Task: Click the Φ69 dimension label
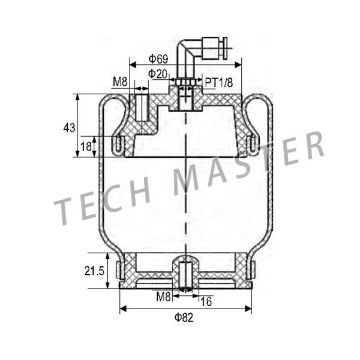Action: tap(158, 58)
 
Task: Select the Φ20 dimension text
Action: tap(158, 73)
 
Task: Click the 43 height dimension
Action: tap(69, 127)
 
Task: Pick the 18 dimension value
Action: tap(86, 146)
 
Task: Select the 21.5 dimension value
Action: tap(95, 271)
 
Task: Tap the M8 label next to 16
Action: tap(164, 296)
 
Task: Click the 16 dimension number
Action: tap(206, 300)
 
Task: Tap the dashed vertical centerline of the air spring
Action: tap(187, 192)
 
